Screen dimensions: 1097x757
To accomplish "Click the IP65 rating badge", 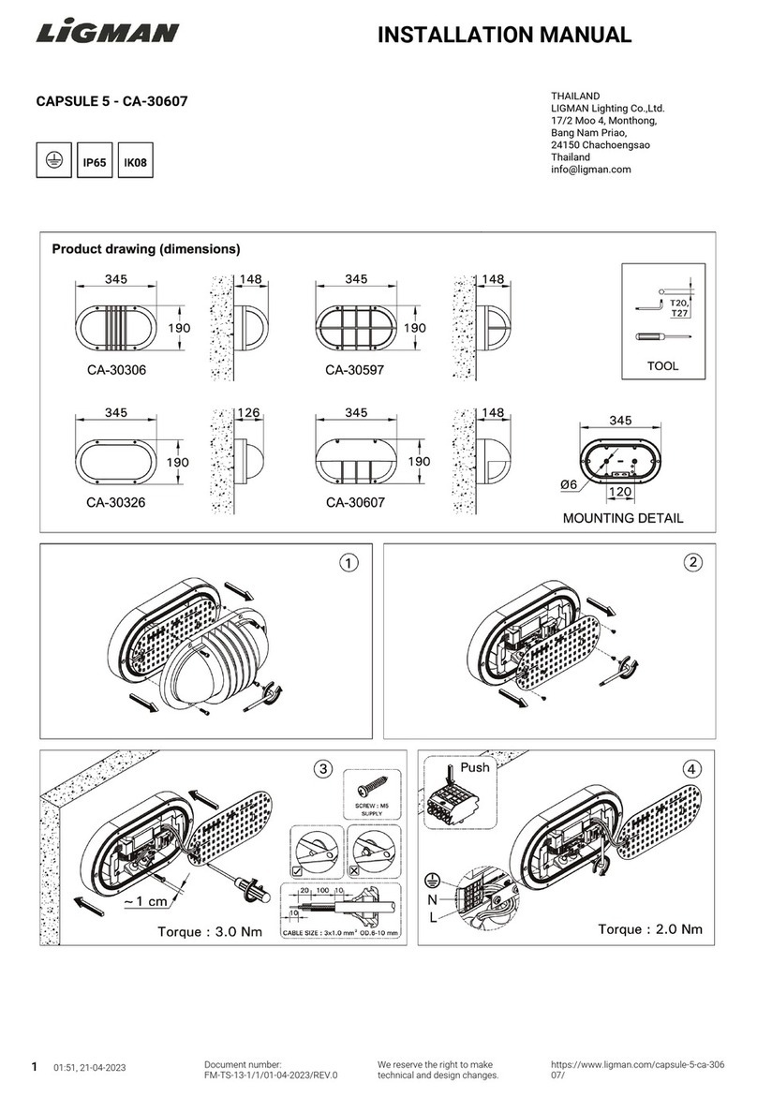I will pos(95,162).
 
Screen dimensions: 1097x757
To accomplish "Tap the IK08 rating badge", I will pos(136,162).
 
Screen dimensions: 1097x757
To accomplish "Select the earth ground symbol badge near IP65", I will pos(53,161).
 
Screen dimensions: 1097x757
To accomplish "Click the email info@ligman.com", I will pos(590,170).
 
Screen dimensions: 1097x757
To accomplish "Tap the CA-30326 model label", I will pos(122,502).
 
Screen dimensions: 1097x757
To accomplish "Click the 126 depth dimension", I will pos(249,412).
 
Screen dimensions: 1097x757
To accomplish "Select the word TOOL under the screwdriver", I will pos(662,366).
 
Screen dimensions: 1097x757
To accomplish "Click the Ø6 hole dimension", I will pos(568,484).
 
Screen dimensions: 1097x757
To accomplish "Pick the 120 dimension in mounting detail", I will pos(619,492).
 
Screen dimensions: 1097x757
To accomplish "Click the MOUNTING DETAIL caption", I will pos(622,517).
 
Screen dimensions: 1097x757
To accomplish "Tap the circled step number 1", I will pos(348,563).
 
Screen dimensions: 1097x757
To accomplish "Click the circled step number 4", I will pos(692,769).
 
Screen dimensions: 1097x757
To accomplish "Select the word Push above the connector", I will pos(475,766).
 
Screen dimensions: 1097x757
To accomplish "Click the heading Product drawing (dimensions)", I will pos(145,249).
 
